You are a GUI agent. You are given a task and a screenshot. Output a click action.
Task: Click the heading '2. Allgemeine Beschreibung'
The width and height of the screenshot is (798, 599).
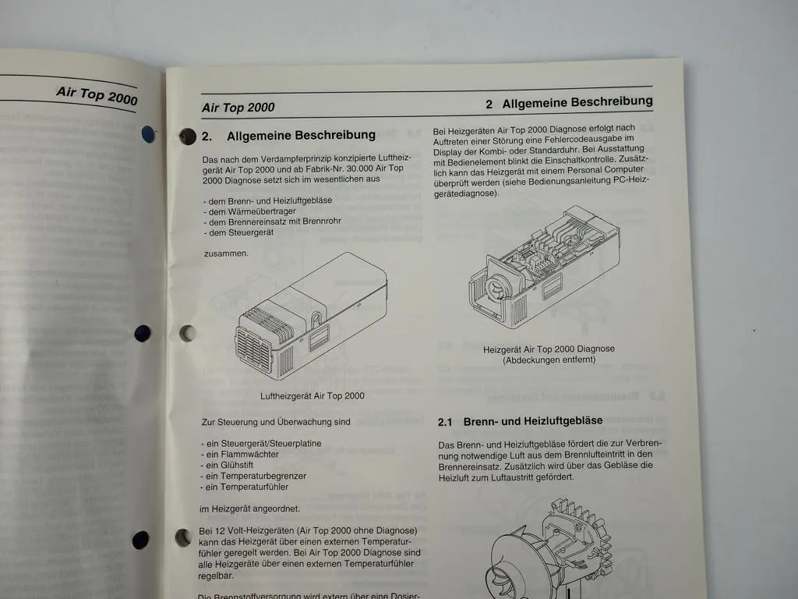click(289, 136)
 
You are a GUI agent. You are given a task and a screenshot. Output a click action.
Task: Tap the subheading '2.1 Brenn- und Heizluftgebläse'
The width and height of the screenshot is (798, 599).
click(520, 421)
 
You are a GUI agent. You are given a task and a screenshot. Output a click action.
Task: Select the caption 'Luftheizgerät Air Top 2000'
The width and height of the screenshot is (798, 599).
click(312, 395)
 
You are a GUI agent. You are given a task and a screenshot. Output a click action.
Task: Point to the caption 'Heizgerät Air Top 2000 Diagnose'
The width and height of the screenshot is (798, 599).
click(549, 349)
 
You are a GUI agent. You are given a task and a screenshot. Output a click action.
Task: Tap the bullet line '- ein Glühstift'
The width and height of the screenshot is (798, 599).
click(231, 465)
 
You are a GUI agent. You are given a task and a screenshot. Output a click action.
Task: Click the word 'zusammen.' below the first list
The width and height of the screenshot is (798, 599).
click(225, 253)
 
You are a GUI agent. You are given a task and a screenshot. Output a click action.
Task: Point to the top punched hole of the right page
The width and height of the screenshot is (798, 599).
click(187, 136)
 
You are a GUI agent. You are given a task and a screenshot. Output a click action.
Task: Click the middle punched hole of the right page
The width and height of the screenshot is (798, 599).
click(187, 334)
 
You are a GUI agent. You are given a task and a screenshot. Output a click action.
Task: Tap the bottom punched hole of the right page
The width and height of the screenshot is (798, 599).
click(183, 537)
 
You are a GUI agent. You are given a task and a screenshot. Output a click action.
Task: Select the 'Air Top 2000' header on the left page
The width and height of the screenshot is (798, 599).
click(97, 94)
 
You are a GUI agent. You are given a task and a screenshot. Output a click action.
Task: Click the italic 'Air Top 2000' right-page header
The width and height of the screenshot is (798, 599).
click(238, 108)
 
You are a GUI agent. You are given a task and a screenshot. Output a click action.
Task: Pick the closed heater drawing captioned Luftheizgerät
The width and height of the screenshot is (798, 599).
click(311, 316)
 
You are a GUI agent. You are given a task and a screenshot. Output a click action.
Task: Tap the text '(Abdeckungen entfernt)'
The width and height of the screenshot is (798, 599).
click(549, 360)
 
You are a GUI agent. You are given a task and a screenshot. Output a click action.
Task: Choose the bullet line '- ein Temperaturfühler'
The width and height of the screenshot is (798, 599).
click(245, 487)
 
